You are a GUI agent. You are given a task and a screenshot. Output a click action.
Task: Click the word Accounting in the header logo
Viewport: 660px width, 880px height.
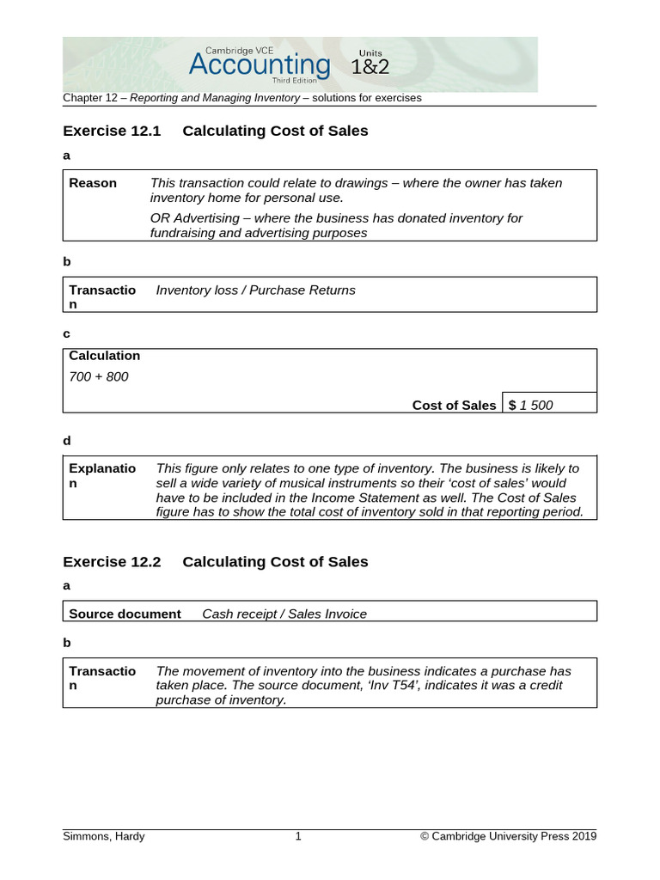259,65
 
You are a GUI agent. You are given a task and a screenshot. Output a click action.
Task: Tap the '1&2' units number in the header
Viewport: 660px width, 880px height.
370,67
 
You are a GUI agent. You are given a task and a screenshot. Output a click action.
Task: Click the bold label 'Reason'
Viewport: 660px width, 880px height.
93,183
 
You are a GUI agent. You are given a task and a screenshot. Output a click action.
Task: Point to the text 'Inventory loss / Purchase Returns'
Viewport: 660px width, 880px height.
255,290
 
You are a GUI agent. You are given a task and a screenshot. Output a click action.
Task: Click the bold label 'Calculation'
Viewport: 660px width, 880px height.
104,356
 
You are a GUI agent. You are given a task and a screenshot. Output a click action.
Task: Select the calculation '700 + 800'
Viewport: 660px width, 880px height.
99,376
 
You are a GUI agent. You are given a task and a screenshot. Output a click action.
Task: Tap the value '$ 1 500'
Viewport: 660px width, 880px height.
531,406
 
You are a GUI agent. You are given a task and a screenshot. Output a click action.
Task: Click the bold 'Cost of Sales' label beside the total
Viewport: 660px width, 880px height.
454,406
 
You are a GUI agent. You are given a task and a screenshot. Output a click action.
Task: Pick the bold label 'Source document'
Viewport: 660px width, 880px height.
125,614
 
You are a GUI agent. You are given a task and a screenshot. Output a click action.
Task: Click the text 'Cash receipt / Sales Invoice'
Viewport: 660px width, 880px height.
284,614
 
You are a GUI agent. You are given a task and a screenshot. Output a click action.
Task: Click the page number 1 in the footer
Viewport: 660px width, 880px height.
298,836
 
